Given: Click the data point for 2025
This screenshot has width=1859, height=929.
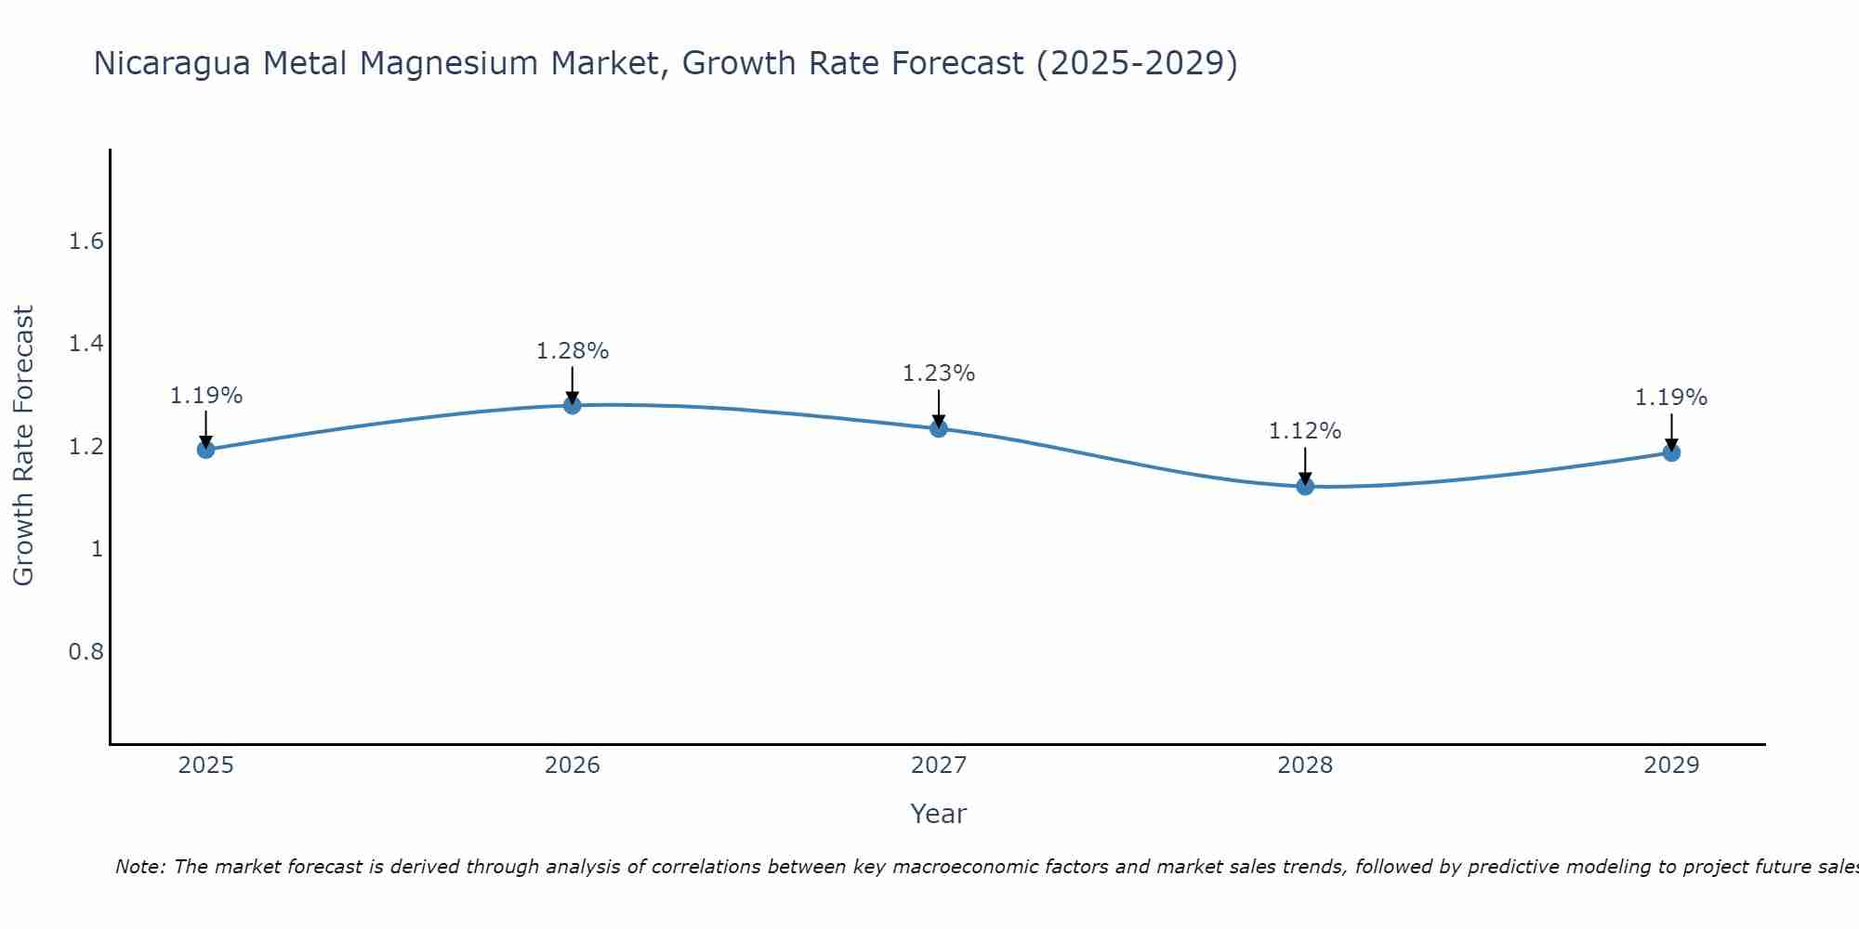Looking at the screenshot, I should click(205, 450).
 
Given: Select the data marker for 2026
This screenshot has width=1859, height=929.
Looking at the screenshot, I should click(572, 405).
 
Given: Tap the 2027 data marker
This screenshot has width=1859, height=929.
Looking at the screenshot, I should click(938, 428).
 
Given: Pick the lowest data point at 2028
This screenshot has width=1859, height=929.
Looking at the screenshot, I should click(1305, 486).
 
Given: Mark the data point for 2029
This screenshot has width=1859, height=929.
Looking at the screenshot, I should click(1671, 452).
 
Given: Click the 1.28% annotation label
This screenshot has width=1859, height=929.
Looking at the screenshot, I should click(572, 351).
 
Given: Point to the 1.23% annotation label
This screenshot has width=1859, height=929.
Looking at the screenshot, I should click(938, 373).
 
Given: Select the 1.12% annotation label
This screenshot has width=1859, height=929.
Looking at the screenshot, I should click(1305, 431).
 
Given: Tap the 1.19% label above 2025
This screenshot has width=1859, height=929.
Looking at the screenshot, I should click(205, 396).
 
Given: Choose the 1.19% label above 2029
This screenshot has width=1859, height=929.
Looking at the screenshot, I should click(1671, 398).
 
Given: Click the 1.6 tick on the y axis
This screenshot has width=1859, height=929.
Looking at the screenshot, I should click(86, 242).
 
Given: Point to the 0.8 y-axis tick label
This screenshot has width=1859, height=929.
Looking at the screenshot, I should click(86, 652).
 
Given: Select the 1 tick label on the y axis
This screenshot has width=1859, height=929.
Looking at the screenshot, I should click(96, 549).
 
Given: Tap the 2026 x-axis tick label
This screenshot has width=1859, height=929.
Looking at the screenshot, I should click(572, 765).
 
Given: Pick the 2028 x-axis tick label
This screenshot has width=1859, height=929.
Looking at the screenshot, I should click(1305, 765).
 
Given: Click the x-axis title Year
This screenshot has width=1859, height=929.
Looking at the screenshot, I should click(938, 814).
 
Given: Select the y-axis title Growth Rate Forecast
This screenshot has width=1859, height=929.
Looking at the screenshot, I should click(23, 446).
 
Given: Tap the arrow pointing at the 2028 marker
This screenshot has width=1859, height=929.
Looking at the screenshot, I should click(1305, 464).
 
